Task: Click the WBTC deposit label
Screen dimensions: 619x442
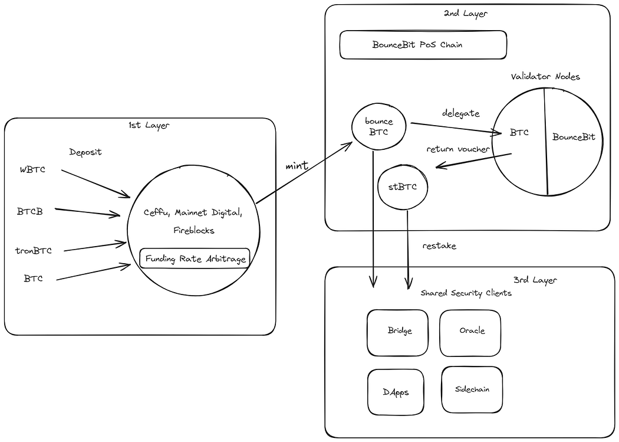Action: coord(33,170)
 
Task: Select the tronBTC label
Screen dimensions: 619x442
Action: coord(34,251)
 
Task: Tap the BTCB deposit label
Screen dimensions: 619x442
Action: coord(29,212)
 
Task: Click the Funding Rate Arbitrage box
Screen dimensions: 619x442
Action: coord(195,258)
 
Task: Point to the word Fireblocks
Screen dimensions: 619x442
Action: coord(194,230)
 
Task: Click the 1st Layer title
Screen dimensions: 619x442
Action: coord(149,126)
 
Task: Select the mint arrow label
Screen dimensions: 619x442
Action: coord(297,165)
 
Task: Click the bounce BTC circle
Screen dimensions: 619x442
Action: coord(378,126)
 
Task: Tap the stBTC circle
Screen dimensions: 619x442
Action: coord(403,187)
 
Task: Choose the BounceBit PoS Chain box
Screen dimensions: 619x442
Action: coord(423,45)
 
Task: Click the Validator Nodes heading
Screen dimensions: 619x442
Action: coord(545,77)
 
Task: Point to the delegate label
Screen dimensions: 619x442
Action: coord(460,113)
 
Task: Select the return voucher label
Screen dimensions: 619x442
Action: coord(458,149)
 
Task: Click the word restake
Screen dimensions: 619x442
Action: coord(439,245)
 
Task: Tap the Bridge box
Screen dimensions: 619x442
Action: coord(397,333)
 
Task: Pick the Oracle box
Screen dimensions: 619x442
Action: coord(470,333)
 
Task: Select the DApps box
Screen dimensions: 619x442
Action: coord(396,392)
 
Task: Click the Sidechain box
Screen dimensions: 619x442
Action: coord(472,389)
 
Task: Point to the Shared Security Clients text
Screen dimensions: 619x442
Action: coord(466,293)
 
